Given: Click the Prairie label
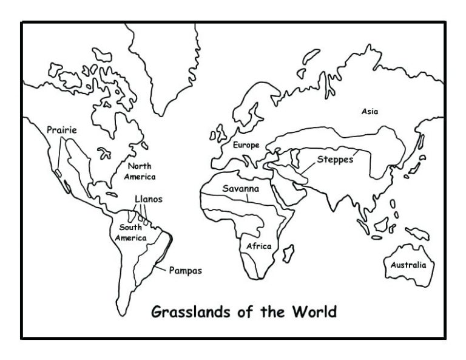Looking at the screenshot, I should [62, 129].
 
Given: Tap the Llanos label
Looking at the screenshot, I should [149, 199].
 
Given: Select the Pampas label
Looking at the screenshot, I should [185, 271].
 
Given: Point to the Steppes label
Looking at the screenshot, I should [334, 160].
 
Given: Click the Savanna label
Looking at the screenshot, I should [241, 189].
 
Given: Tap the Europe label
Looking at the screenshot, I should [246, 145].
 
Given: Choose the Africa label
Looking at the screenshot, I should [258, 246].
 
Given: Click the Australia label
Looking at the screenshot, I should [408, 265].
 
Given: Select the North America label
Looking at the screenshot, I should [140, 171].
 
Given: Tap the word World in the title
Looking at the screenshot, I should [315, 313].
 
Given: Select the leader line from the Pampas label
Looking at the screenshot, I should [161, 267].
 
